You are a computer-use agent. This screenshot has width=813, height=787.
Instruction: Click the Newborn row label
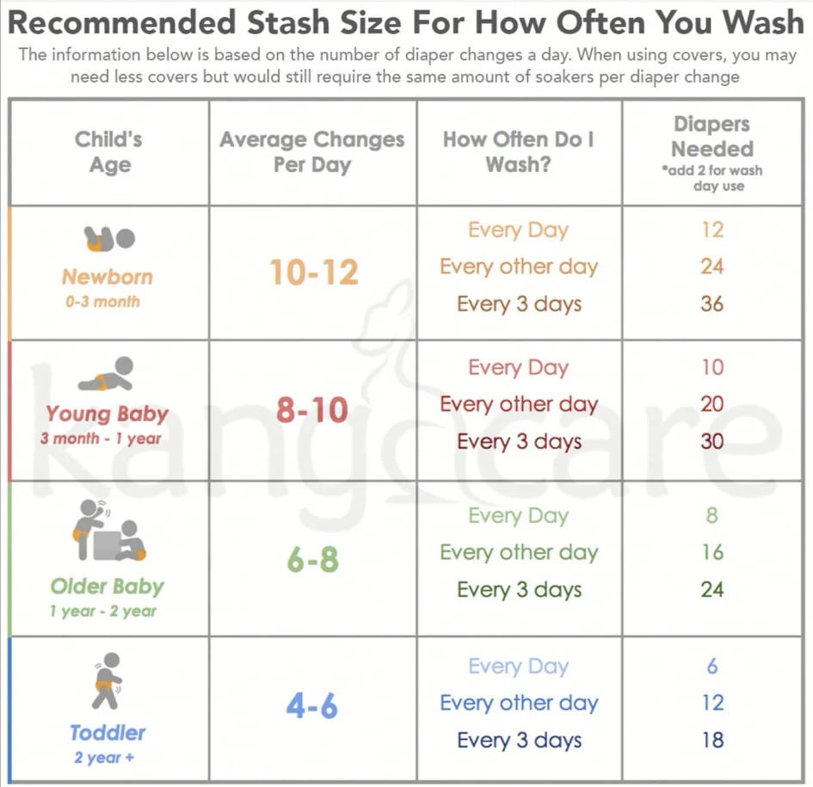point(108,277)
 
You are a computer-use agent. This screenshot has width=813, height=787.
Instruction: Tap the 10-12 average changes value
point(313,273)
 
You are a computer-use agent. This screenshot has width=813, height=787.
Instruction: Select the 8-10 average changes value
point(311,410)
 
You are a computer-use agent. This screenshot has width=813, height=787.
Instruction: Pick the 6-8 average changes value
point(312,560)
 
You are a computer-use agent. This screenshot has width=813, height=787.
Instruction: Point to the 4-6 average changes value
point(311,707)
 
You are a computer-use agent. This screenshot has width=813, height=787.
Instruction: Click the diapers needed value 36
point(711,304)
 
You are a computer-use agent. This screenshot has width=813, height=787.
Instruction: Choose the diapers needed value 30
point(711,441)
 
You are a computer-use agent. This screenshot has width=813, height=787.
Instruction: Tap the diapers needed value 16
point(711,552)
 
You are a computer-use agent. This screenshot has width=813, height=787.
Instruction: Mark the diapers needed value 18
point(711,740)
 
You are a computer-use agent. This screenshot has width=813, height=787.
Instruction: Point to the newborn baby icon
point(109,238)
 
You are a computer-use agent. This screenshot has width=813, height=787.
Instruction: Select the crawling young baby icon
point(107,375)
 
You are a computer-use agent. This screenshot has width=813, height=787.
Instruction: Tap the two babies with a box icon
point(108,531)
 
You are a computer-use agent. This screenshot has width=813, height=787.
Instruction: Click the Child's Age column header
point(108,151)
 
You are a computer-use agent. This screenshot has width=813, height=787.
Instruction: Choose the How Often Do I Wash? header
point(519,151)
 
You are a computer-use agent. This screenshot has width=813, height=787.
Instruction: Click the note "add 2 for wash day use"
point(711,178)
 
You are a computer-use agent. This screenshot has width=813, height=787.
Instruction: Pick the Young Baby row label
point(108,414)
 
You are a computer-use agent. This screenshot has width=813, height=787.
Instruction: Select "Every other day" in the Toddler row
point(519,703)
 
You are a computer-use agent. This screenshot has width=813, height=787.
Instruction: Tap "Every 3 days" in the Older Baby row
point(519,590)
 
